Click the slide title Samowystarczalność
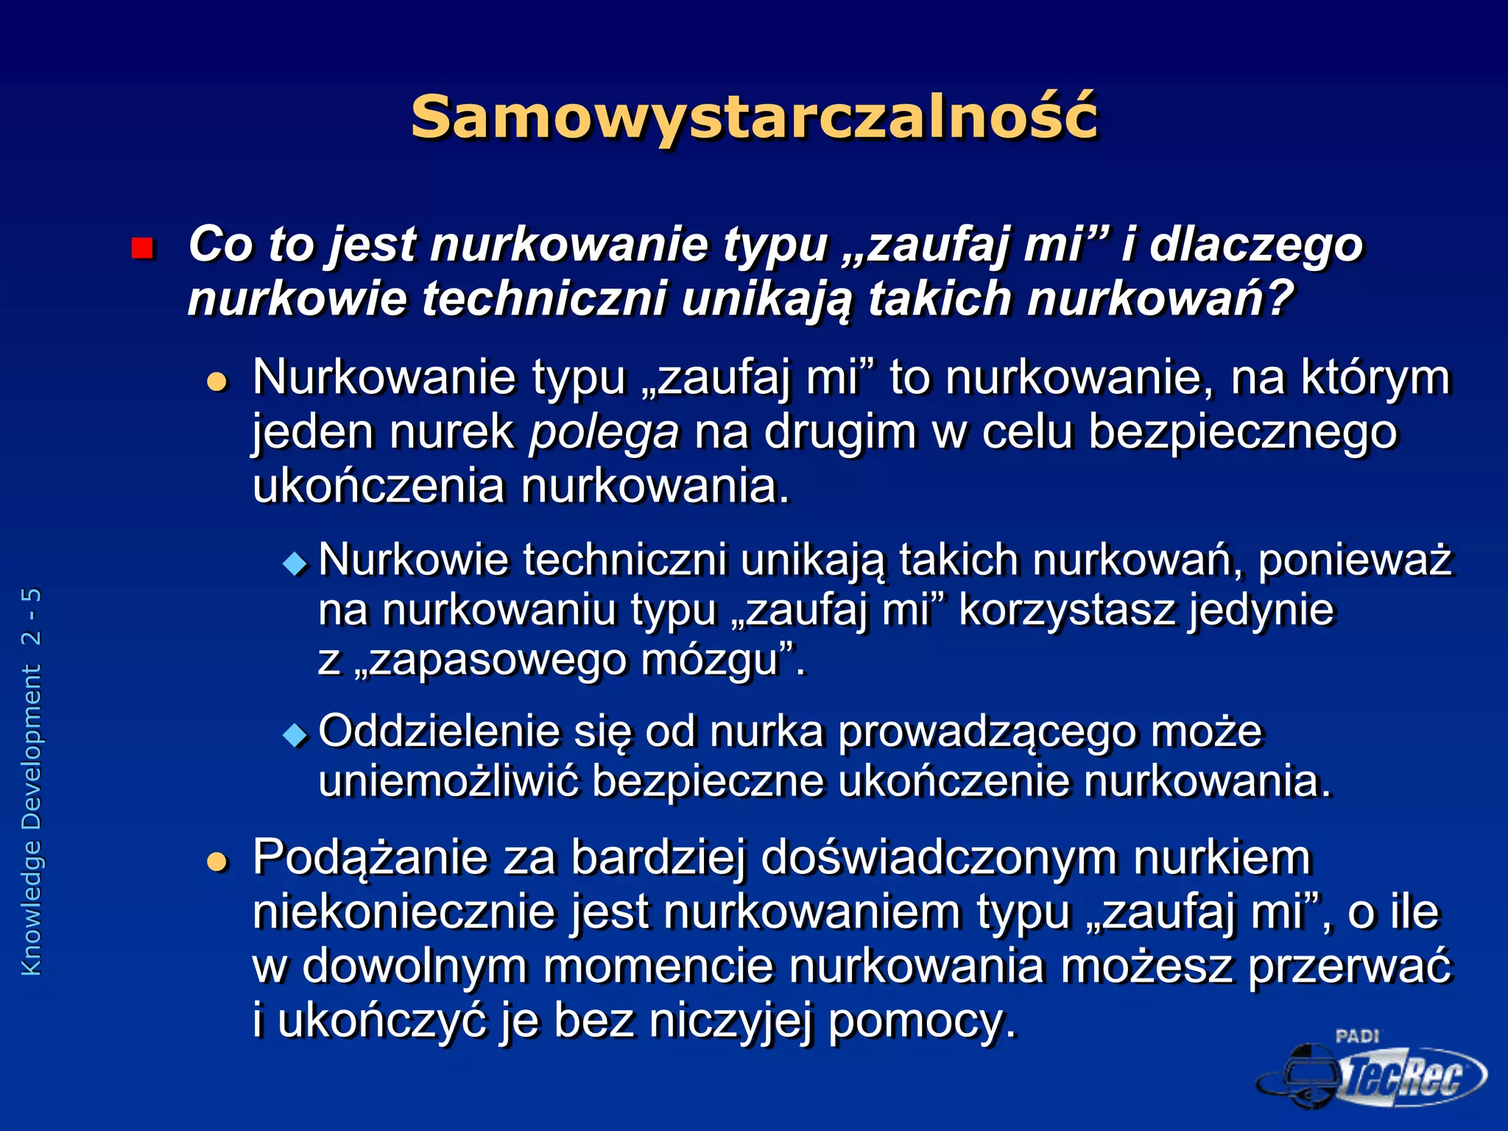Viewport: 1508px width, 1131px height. click(x=754, y=118)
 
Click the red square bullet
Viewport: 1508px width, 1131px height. click(x=142, y=248)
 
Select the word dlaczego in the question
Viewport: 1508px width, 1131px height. click(x=1256, y=244)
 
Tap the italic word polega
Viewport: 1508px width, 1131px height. click(x=605, y=432)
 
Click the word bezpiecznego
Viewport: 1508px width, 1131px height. click(x=1242, y=432)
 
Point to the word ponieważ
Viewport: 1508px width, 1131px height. click(x=1355, y=560)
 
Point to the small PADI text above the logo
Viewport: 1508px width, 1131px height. click(x=1356, y=1036)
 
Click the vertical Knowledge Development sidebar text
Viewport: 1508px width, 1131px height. click(x=32, y=781)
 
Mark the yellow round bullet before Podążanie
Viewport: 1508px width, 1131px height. click(x=217, y=861)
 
